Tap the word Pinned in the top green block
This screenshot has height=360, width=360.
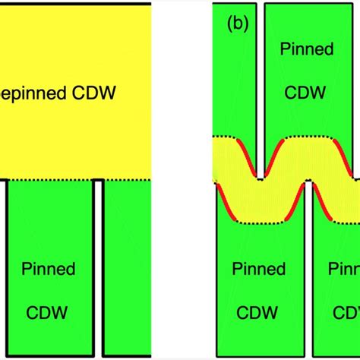[307, 50]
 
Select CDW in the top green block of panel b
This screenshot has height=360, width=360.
[307, 92]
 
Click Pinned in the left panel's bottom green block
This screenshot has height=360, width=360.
[48, 269]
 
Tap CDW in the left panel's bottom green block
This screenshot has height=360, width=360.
[48, 311]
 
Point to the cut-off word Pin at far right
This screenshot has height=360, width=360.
[346, 269]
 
